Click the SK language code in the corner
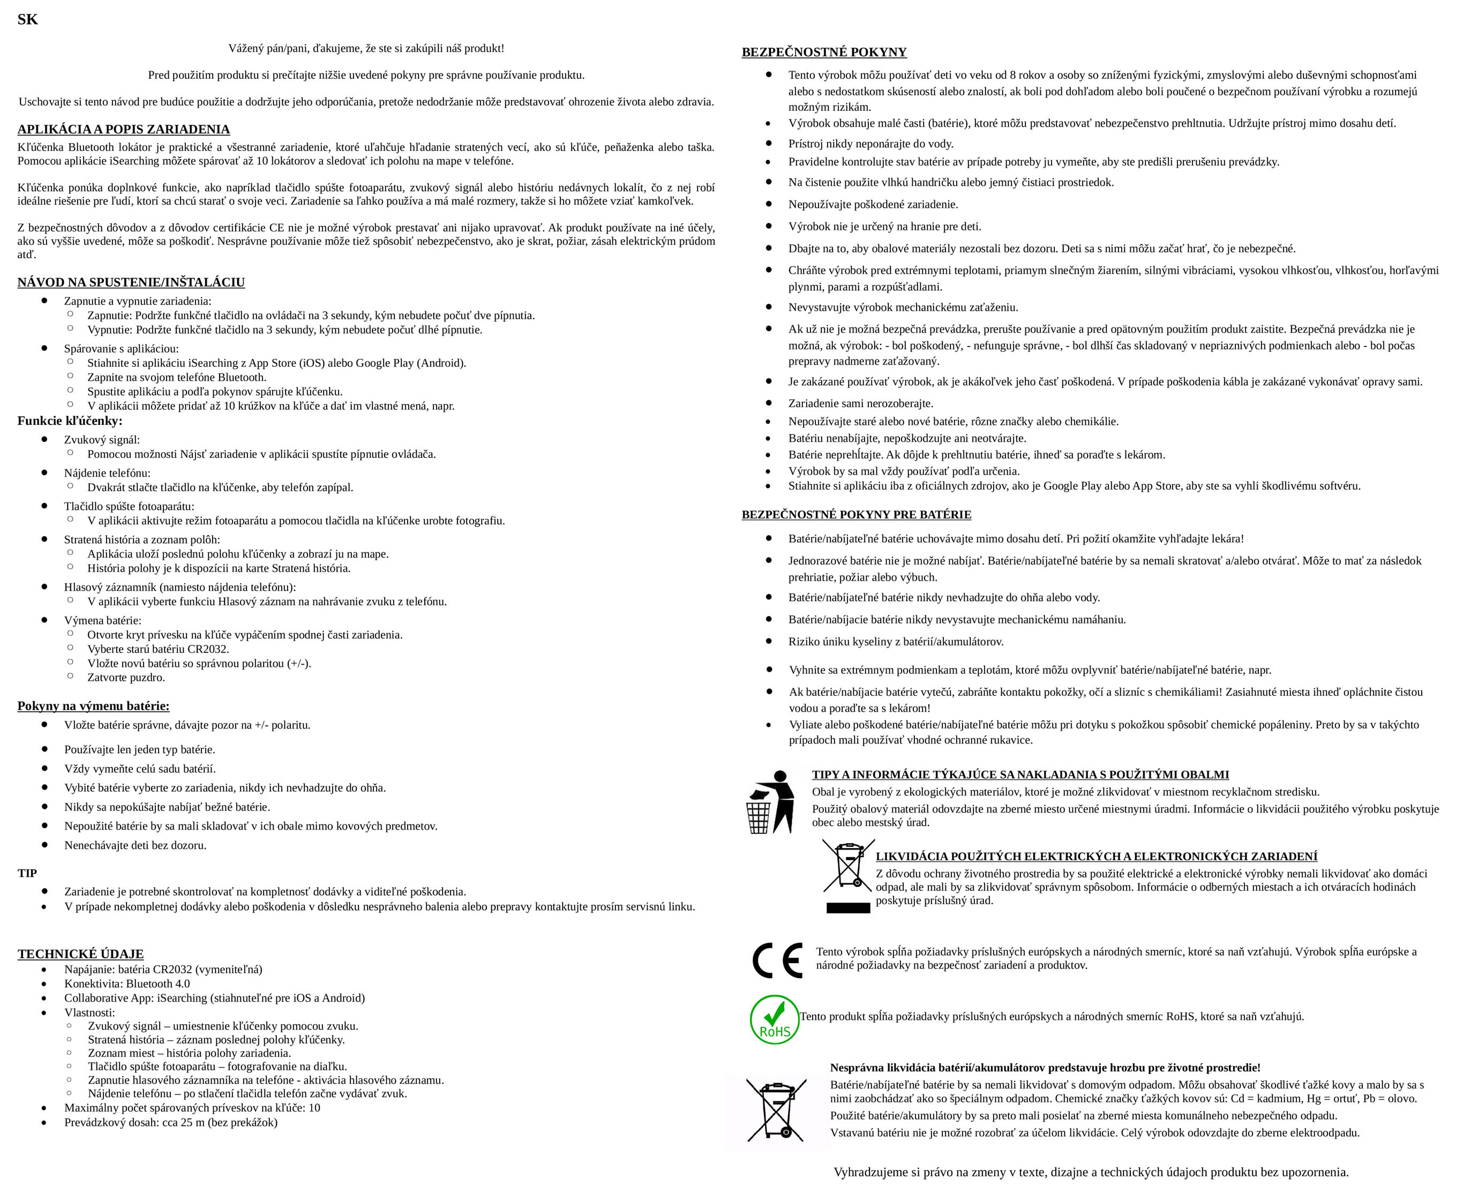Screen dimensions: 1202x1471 tap(28, 19)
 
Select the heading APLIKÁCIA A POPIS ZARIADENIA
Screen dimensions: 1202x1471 tap(123, 130)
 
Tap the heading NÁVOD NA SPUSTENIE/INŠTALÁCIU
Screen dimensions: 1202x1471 tap(131, 282)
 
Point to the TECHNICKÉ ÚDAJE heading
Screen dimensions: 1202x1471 tap(80, 953)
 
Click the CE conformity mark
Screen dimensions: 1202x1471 tap(777, 960)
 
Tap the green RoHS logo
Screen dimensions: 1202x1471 tap(774, 1019)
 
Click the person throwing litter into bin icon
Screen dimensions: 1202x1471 tap(770, 802)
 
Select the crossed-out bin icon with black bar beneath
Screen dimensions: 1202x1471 tap(847, 876)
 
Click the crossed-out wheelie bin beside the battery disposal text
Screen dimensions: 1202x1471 tap(776, 1110)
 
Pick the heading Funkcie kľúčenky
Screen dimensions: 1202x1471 tap(70, 421)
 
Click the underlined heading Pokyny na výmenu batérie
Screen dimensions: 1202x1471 tap(94, 706)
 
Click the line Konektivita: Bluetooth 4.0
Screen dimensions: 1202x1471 tap(127, 984)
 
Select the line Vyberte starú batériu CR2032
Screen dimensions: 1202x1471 tap(158, 649)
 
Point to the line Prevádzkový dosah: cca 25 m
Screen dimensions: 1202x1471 tap(170, 1122)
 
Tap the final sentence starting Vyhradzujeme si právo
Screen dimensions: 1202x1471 tap(1091, 1172)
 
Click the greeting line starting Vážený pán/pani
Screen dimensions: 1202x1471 tap(366, 48)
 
